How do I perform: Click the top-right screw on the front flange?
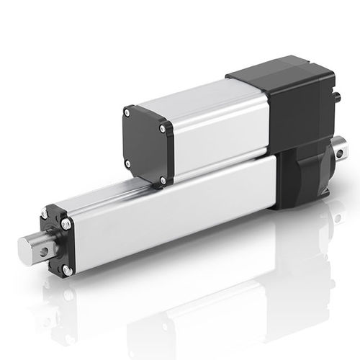66,225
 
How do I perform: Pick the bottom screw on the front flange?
66,270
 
